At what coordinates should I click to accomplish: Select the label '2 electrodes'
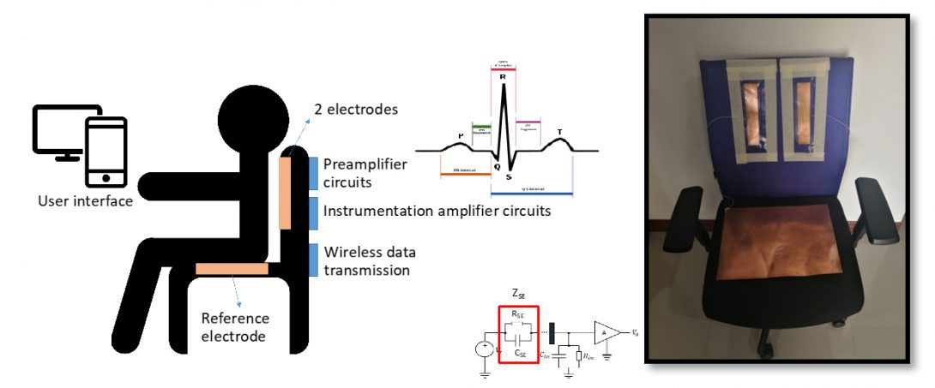pos(353,110)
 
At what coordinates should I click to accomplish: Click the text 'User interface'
pos(86,201)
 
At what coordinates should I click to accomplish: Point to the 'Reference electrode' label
pos(234,326)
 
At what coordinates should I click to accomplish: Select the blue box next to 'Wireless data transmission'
pos(312,260)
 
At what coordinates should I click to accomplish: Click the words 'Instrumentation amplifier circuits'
pos(437,210)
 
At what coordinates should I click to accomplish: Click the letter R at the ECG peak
pos(503,77)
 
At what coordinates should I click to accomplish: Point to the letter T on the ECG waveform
pos(560,133)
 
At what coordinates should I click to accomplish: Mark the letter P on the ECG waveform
pos(461,136)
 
